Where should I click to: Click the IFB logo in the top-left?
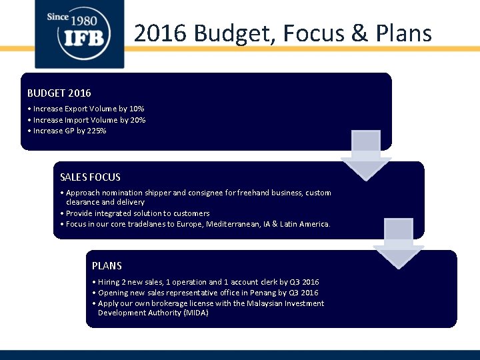tap(79, 33)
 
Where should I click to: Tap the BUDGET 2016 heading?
tap(59, 93)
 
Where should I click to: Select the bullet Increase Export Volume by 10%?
tap(86, 109)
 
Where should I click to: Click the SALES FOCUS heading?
tap(90, 177)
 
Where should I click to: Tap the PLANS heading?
tap(107, 265)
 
